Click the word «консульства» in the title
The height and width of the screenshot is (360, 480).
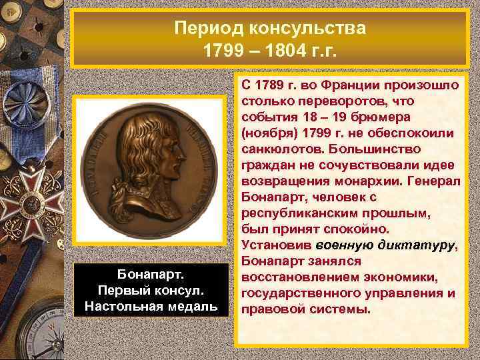[x=310, y=30]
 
